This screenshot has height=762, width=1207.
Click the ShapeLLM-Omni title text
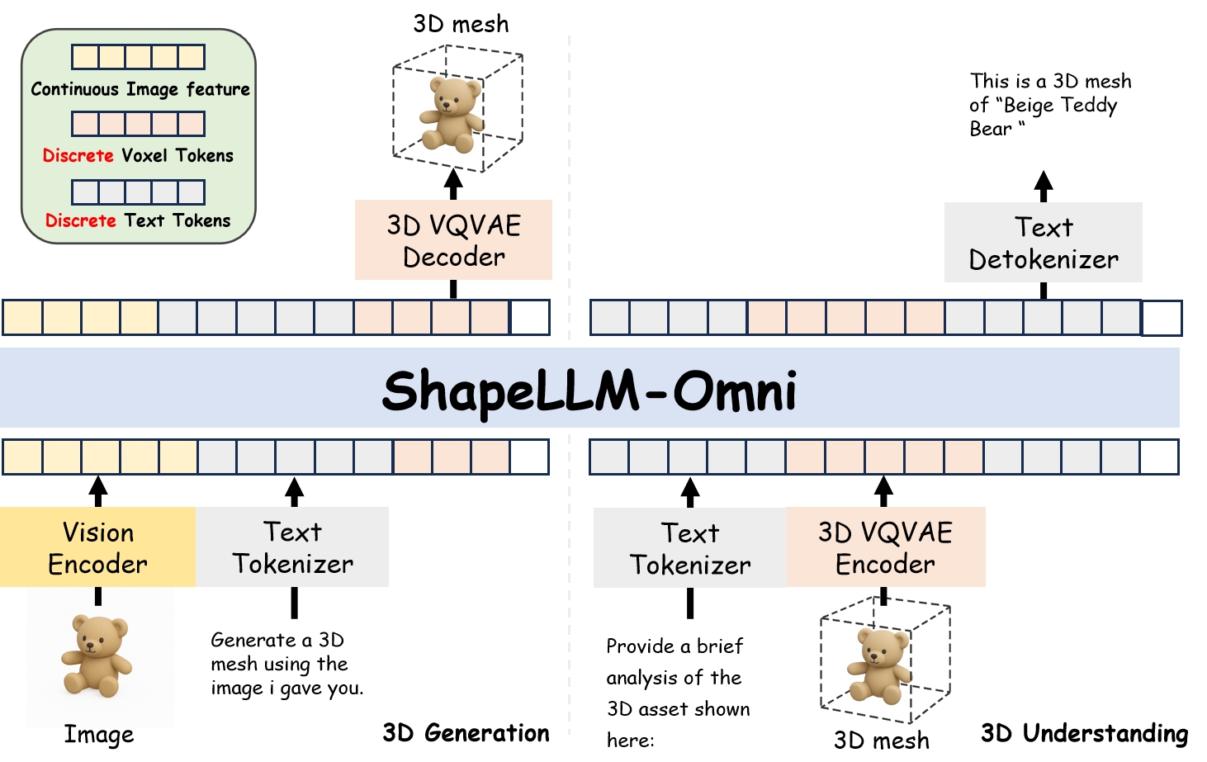coord(589,390)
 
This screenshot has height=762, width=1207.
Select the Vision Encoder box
coord(97,547)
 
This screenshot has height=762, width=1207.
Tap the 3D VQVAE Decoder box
coord(453,240)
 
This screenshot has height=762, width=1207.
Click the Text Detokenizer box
coord(1043,243)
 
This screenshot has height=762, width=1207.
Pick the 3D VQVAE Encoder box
coord(885,547)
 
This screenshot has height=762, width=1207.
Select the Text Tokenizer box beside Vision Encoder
coord(292,547)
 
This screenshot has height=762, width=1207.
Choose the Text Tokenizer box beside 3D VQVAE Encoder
coord(690,548)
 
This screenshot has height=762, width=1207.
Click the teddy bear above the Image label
coord(97,656)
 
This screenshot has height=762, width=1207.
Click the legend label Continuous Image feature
coord(140,89)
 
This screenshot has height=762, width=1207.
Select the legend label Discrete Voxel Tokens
coord(138,155)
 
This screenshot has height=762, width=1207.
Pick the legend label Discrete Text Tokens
coord(138,220)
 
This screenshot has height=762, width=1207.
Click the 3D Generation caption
coord(466,733)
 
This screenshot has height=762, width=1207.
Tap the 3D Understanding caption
coord(1084,733)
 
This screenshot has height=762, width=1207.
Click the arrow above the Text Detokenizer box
coord(1044,186)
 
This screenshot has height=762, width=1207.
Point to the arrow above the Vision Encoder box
coord(98,490)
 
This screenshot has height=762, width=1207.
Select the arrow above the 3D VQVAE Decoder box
coord(453,183)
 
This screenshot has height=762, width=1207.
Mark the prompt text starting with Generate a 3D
coord(286,664)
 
